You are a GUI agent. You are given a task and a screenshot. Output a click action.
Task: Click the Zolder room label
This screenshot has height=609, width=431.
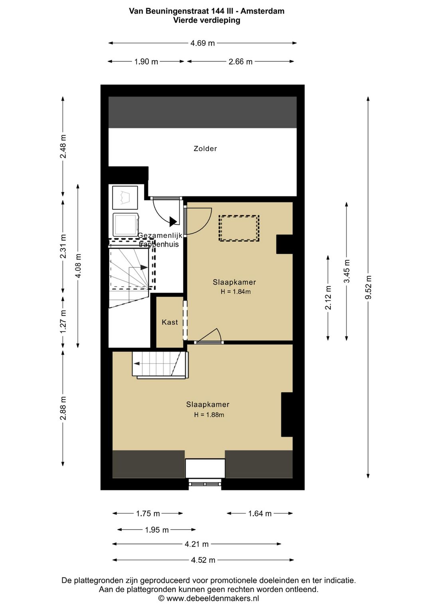[x=205, y=148]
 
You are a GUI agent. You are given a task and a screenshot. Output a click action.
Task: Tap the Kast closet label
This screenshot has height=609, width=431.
[x=170, y=322]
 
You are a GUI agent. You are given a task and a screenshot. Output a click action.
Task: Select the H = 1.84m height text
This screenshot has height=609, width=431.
[x=235, y=292]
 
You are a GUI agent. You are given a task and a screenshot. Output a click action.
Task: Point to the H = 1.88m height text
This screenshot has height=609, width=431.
[x=209, y=415]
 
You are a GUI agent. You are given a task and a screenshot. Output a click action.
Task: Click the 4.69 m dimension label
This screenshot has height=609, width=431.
[x=203, y=43]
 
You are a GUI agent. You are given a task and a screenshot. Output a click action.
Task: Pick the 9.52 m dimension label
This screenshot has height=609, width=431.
[x=368, y=287]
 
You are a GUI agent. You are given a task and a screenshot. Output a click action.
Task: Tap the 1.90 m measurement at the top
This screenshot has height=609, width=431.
[x=146, y=61]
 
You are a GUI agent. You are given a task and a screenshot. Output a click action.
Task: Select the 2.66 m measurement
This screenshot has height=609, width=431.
[x=240, y=61]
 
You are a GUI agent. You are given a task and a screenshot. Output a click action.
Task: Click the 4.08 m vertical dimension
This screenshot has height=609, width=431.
[x=78, y=266]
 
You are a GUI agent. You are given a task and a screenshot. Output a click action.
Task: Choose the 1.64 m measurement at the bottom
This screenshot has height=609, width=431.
[x=260, y=513]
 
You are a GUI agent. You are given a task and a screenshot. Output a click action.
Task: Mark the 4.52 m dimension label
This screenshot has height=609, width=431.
[x=203, y=560]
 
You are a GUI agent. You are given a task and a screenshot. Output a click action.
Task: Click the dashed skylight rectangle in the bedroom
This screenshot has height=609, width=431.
[x=239, y=228]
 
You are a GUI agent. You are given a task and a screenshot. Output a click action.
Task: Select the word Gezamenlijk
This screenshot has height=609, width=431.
[x=160, y=235]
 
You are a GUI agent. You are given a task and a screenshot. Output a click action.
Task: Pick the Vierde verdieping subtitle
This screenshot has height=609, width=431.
[x=207, y=20]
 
